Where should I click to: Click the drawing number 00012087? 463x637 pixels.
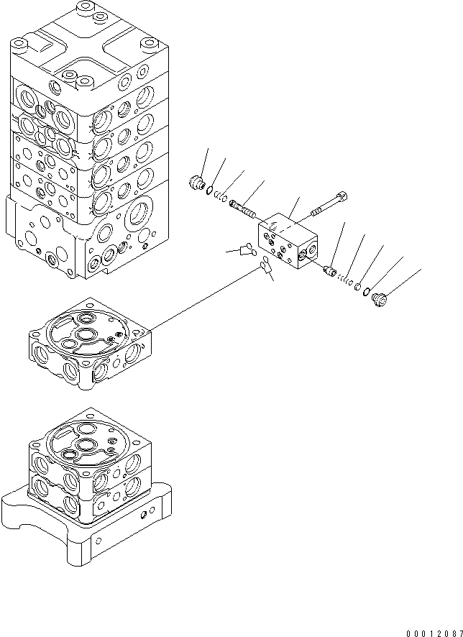(x=434, y=633)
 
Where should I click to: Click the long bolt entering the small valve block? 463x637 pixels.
(x=329, y=204)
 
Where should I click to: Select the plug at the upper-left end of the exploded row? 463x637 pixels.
(x=196, y=182)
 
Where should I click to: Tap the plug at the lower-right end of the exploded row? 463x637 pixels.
(x=380, y=299)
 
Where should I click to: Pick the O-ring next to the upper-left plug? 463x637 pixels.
(x=209, y=190)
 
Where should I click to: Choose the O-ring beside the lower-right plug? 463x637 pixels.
(x=366, y=291)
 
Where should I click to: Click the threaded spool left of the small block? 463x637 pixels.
(x=242, y=208)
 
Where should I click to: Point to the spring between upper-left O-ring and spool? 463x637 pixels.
(x=221, y=197)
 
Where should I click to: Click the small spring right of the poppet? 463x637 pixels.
(x=344, y=279)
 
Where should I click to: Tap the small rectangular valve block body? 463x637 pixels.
(x=288, y=241)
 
